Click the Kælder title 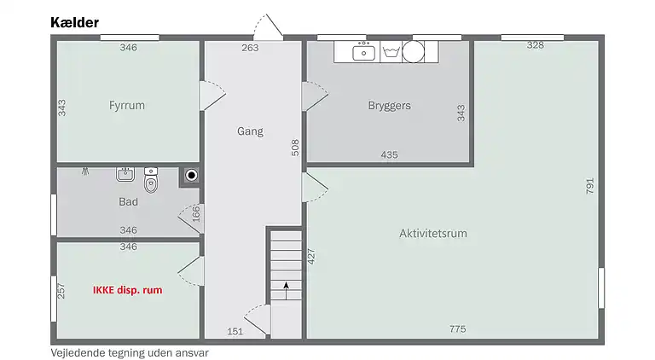tap(75, 22)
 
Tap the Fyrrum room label tap(127, 105)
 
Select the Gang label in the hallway tap(250, 131)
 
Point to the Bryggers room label tap(389, 106)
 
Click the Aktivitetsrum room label tap(433, 233)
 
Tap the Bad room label tap(128, 201)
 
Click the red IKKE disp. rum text tap(127, 290)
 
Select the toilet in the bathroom tap(151, 180)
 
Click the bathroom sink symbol tap(125, 174)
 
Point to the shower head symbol tap(85, 171)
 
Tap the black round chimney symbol tap(191, 176)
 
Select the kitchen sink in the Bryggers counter tap(364, 51)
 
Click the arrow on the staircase tap(287, 291)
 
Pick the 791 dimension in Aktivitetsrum tap(589, 186)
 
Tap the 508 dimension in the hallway tap(295, 148)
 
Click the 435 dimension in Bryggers tap(389, 155)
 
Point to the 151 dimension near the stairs tap(235, 332)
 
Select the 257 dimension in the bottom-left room tap(61, 291)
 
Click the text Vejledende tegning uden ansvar tap(130, 353)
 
